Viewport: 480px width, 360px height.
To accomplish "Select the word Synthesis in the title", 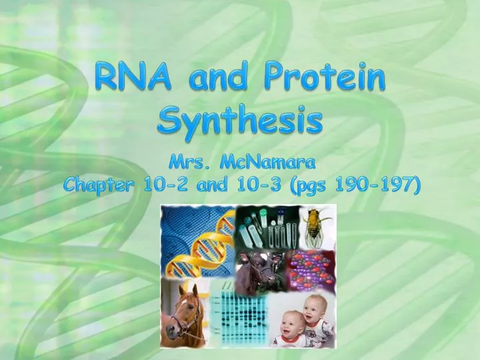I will [240, 122].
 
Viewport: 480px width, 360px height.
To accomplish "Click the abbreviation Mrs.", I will [189, 163].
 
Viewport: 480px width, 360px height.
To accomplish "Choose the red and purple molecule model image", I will [310, 269].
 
